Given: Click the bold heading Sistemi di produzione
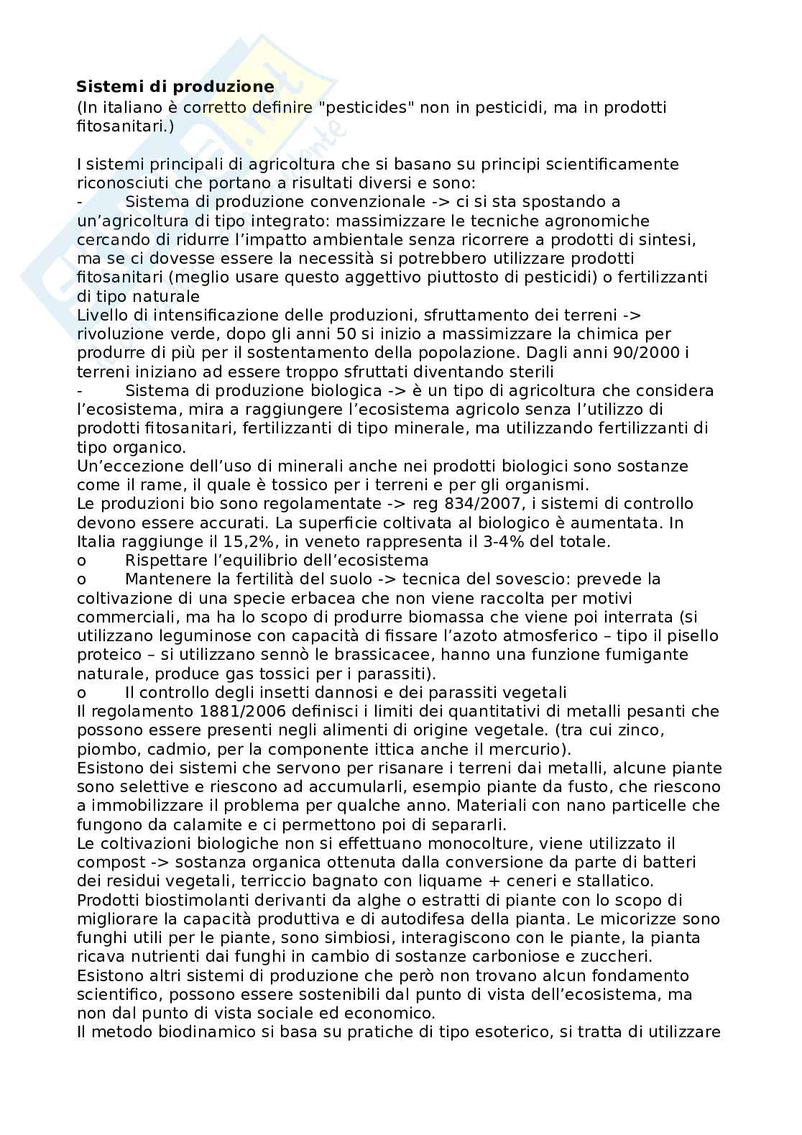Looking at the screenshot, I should click(x=175, y=87).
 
